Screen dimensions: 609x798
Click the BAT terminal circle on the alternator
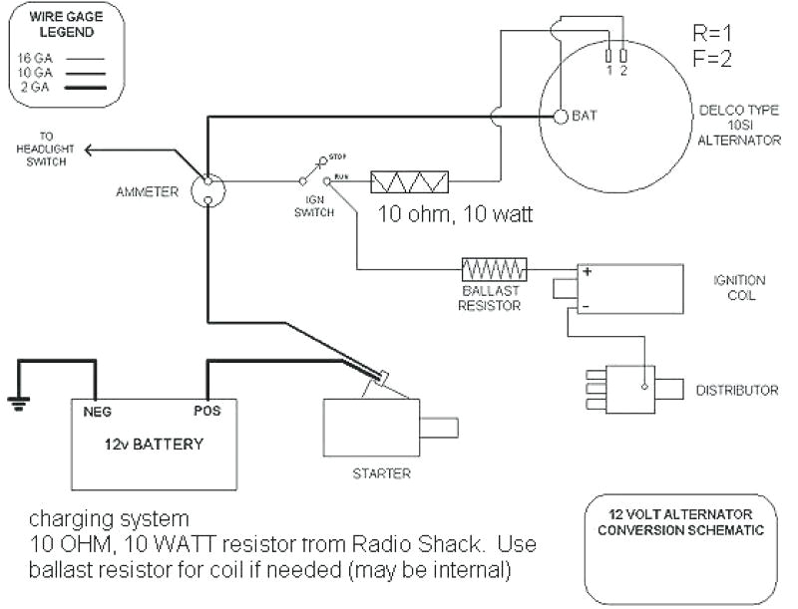(561, 116)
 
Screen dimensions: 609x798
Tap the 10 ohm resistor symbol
(409, 182)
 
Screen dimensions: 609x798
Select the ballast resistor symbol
(494, 269)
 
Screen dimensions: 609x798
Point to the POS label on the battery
(205, 409)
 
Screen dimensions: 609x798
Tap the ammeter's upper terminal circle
(208, 182)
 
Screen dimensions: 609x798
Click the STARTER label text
(382, 473)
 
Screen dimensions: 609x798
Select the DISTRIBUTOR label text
(737, 390)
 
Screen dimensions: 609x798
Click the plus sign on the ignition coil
(588, 272)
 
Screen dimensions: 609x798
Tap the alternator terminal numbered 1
(608, 56)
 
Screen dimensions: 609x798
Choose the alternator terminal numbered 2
(622, 56)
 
